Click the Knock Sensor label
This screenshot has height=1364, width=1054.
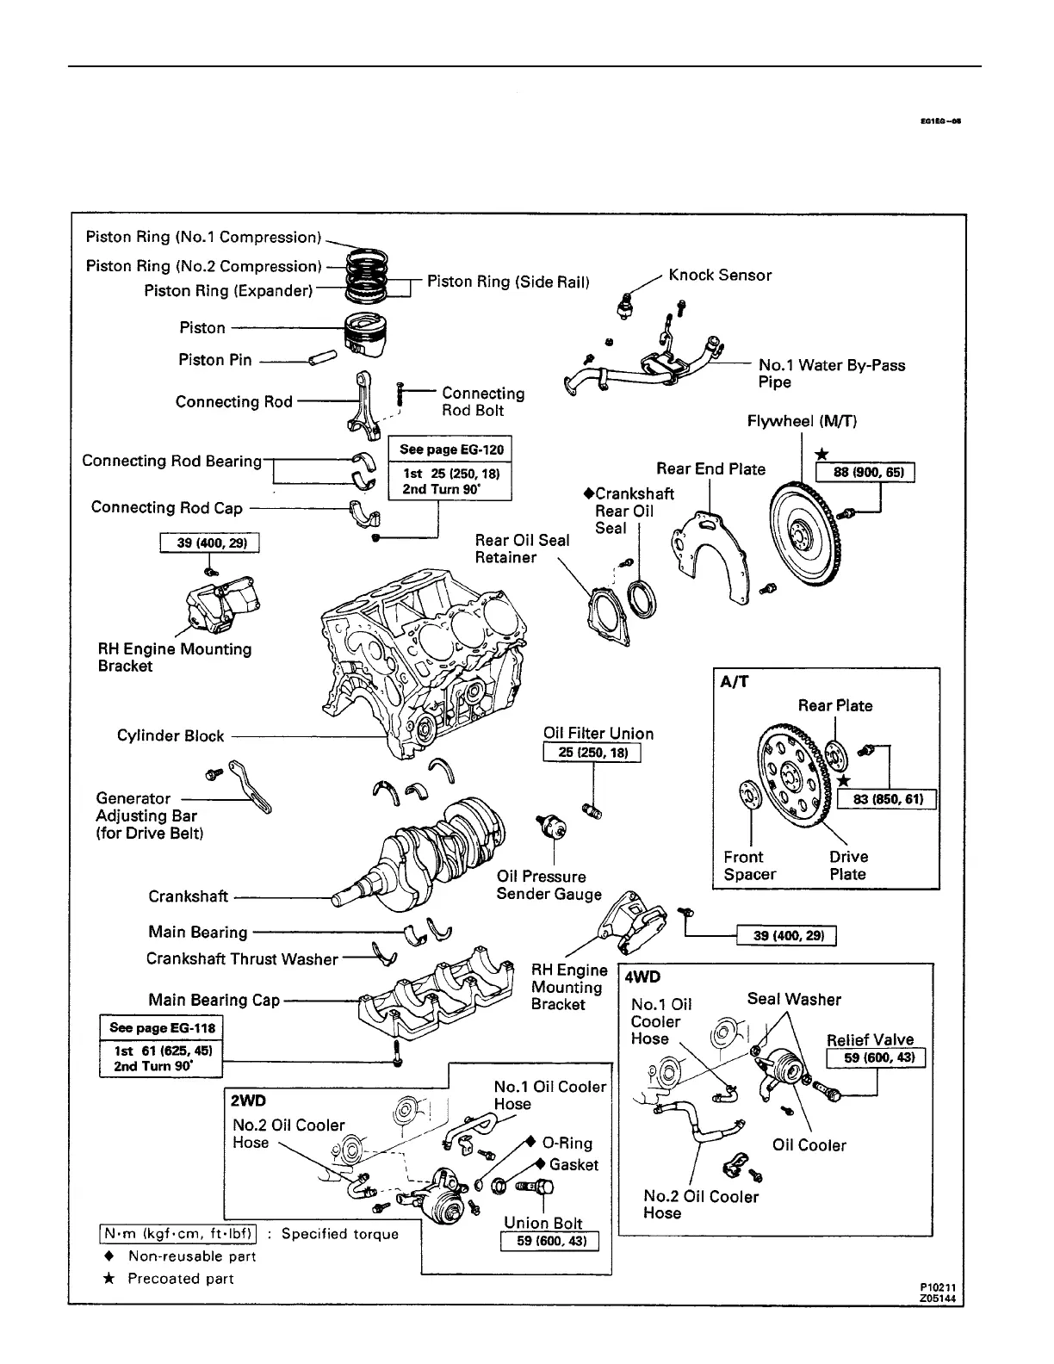[720, 276]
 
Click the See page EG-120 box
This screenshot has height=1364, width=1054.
[450, 449]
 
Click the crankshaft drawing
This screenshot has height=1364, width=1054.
[435, 852]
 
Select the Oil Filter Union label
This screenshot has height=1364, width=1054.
[598, 734]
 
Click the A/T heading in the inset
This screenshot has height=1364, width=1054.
[734, 681]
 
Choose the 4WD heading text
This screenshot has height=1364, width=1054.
[642, 978]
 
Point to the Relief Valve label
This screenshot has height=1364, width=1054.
[870, 1039]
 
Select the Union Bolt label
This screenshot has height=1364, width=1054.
[543, 1223]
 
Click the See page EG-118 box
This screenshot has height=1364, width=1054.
[161, 1027]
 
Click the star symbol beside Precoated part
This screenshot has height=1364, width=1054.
[108, 1278]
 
